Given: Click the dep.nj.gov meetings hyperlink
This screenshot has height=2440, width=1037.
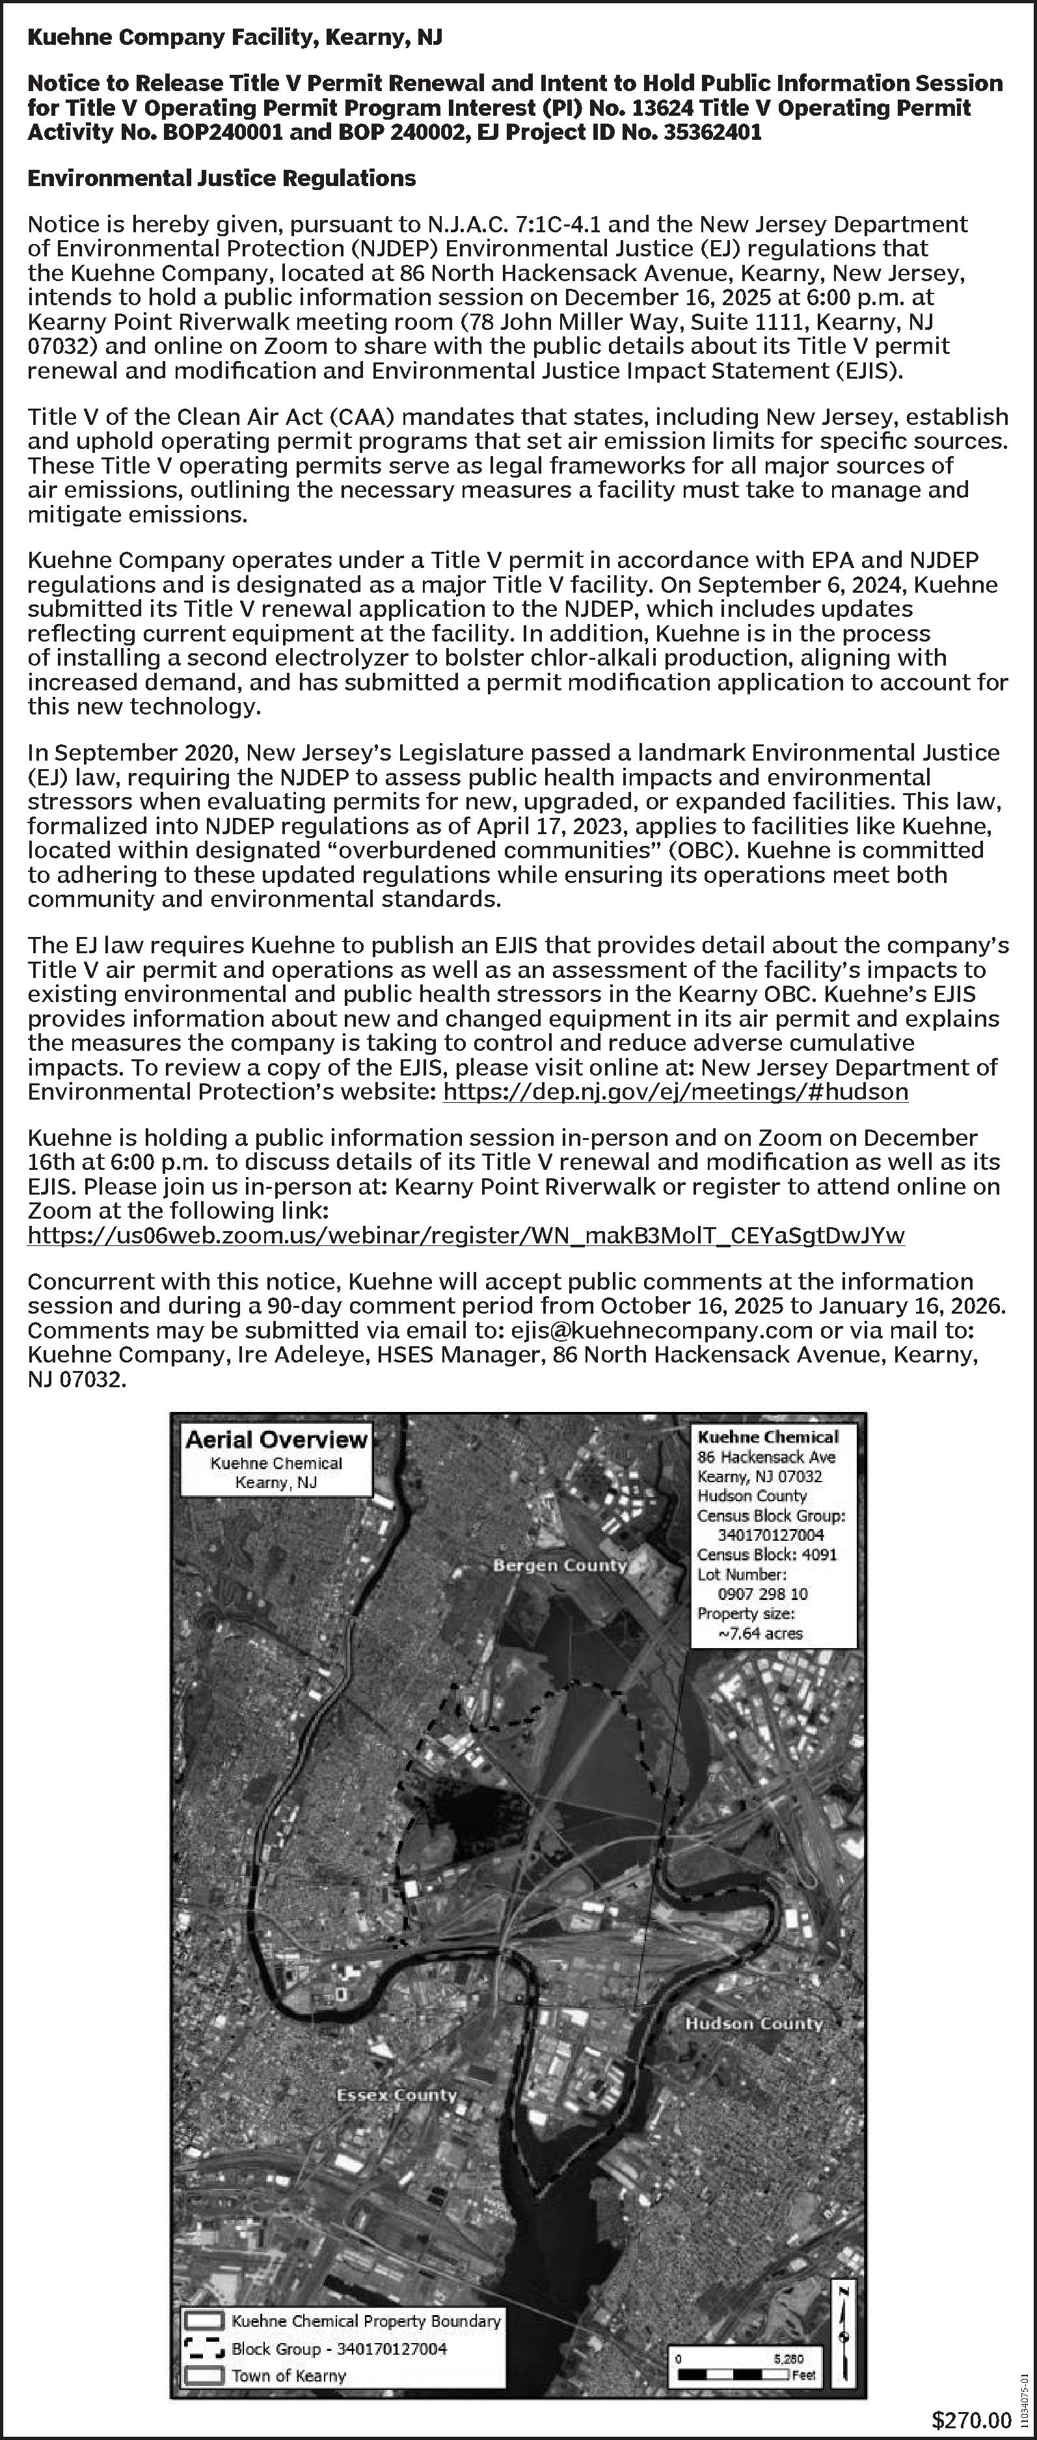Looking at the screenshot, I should [x=675, y=1092].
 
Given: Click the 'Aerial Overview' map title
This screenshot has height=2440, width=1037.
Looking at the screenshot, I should [x=276, y=1440].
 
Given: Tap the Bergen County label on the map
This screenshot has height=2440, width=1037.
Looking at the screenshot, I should [x=559, y=1565].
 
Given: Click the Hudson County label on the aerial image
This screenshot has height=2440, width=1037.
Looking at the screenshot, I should [x=754, y=2023].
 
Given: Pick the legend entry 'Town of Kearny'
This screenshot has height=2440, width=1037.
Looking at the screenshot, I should [x=288, y=2375].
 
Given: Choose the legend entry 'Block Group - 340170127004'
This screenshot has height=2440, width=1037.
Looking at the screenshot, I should [x=338, y=2348].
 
